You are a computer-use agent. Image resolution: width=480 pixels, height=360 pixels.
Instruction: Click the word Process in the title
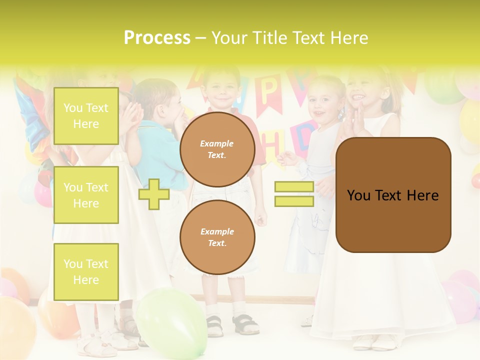click(x=157, y=38)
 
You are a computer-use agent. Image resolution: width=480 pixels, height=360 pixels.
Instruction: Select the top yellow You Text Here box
click(x=86, y=116)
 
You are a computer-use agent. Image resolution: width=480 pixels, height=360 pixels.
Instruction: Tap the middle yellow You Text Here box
click(x=86, y=195)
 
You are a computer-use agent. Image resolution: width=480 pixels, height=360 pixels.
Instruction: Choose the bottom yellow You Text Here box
click(x=86, y=271)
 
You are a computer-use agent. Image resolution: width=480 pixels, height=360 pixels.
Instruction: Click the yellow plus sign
click(x=154, y=194)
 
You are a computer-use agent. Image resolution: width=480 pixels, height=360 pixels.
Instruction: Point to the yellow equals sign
click(x=294, y=194)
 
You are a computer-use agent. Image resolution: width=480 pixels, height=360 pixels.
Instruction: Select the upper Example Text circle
click(x=217, y=149)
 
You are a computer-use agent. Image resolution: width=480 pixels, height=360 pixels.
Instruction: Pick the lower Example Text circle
click(x=217, y=237)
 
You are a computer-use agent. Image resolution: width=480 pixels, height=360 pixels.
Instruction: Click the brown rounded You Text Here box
click(x=393, y=195)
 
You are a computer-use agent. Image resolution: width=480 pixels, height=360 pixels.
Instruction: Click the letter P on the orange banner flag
click(x=268, y=90)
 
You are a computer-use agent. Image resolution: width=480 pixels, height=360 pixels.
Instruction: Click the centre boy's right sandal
click(x=245, y=325)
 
